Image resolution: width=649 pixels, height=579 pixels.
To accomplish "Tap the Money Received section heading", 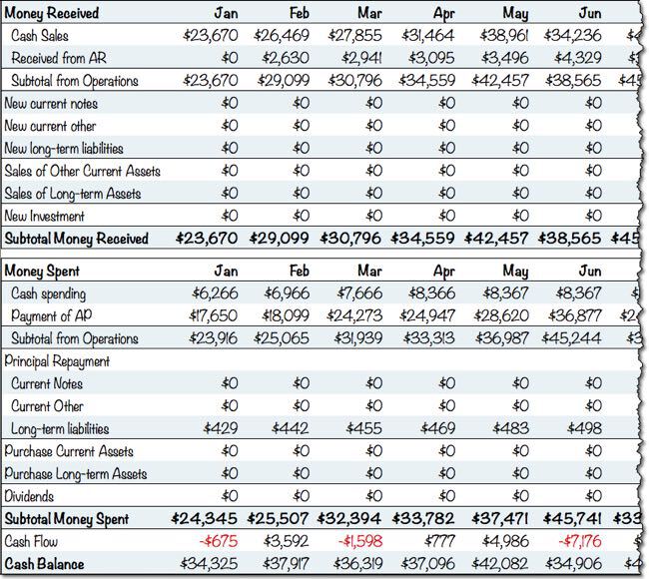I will coord(57,12).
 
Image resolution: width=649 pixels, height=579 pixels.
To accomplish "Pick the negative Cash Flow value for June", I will coord(584,541).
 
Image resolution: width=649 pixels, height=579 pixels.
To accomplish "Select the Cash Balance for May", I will coord(508,563).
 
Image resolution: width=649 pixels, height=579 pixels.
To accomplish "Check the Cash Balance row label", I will coord(46,563).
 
